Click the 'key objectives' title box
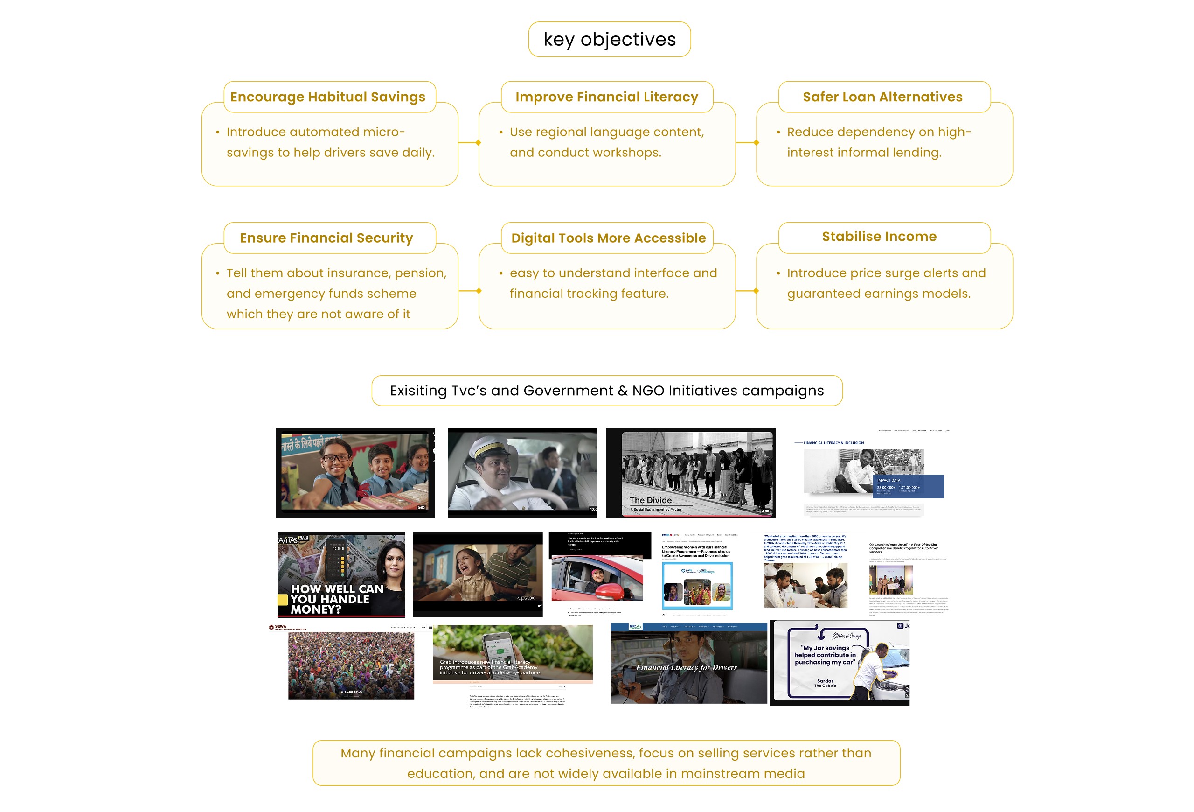(609, 40)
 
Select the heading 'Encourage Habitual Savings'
(328, 97)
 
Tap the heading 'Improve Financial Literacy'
(607, 97)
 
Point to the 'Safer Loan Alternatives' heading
(882, 97)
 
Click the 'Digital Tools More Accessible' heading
(608, 238)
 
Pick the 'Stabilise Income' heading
(879, 237)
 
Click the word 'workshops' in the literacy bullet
(629, 153)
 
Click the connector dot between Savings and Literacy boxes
(479, 143)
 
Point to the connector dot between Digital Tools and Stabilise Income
(756, 291)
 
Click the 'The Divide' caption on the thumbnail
(651, 500)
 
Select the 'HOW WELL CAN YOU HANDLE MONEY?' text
(337, 599)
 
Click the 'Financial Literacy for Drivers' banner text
(687, 668)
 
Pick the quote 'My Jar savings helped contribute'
(825, 655)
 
